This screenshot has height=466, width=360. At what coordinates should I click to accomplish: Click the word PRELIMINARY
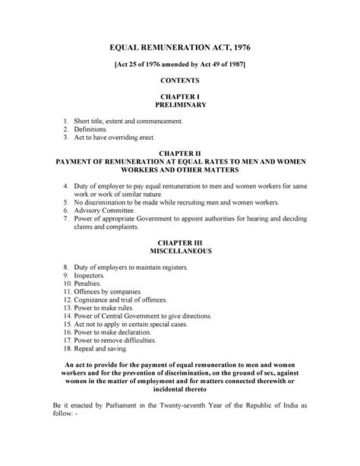coord(180,107)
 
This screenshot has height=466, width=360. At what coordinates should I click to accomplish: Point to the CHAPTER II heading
coord(180,152)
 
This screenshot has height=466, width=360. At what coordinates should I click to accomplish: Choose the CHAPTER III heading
coord(180,241)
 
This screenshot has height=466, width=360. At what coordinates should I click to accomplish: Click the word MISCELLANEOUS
coord(180,250)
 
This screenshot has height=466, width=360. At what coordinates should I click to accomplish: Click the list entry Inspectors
coord(95,275)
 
